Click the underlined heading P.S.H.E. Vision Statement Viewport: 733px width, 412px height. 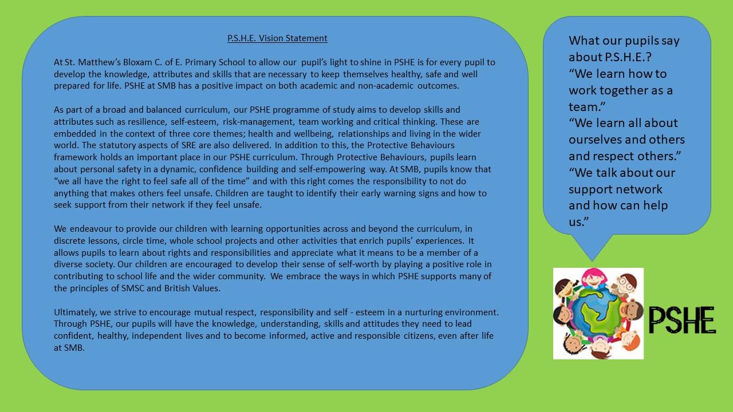click(x=277, y=38)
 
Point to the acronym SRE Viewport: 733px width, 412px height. click(x=188, y=145)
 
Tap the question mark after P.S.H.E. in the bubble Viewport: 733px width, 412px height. click(x=649, y=57)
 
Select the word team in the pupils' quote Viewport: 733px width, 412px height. click(x=584, y=107)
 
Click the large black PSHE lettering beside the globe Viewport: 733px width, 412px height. click(x=682, y=320)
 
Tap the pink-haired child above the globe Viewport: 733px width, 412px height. click(x=594, y=278)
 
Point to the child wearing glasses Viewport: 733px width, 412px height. click(x=626, y=284)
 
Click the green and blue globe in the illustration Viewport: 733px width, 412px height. click(x=598, y=314)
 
